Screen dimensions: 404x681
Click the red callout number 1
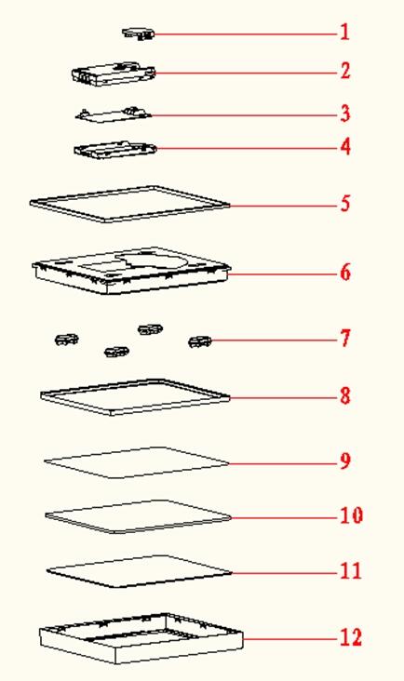(344, 33)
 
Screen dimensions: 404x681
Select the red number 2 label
(345, 71)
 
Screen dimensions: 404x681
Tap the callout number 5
(345, 203)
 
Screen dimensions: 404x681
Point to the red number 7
(345, 339)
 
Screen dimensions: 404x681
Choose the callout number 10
(351, 515)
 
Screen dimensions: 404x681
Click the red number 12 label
(351, 637)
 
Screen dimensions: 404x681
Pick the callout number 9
(345, 461)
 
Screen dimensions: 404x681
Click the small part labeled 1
(139, 33)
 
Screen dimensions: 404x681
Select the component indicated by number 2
(113, 73)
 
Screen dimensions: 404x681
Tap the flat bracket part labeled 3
(114, 114)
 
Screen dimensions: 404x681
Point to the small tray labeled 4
(115, 149)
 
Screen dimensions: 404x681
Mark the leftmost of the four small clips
(66, 340)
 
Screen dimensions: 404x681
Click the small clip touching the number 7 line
(200, 341)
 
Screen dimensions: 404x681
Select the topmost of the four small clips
(150, 329)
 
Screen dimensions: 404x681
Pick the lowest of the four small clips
(117, 351)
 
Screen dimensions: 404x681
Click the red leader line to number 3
(245, 115)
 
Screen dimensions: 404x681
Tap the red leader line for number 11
(285, 573)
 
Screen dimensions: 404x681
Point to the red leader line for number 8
(284, 398)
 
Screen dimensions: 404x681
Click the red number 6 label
(345, 273)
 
